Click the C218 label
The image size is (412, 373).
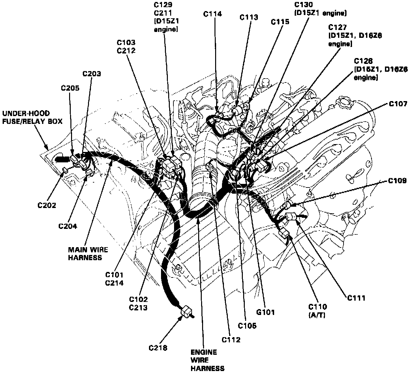click(x=158, y=348)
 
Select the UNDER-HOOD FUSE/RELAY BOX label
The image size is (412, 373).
click(x=26, y=117)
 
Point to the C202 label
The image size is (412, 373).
click(x=47, y=205)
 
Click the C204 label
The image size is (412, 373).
click(x=68, y=226)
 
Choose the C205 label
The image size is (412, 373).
click(x=70, y=88)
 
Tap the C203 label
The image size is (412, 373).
click(x=92, y=74)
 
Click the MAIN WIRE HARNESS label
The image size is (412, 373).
click(x=88, y=253)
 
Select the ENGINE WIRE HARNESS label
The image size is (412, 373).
click(x=204, y=360)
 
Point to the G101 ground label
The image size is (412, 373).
click(x=266, y=312)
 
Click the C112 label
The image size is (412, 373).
click(x=231, y=340)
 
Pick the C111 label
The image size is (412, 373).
click(x=356, y=298)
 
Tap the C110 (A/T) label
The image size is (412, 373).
click(x=318, y=310)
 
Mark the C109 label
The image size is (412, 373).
click(x=397, y=181)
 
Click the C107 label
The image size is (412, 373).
click(x=398, y=104)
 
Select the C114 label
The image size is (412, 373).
click(x=213, y=14)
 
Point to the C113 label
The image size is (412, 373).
click(x=249, y=17)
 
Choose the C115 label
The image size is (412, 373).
click(x=280, y=22)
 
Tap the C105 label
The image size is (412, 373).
click(x=247, y=325)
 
